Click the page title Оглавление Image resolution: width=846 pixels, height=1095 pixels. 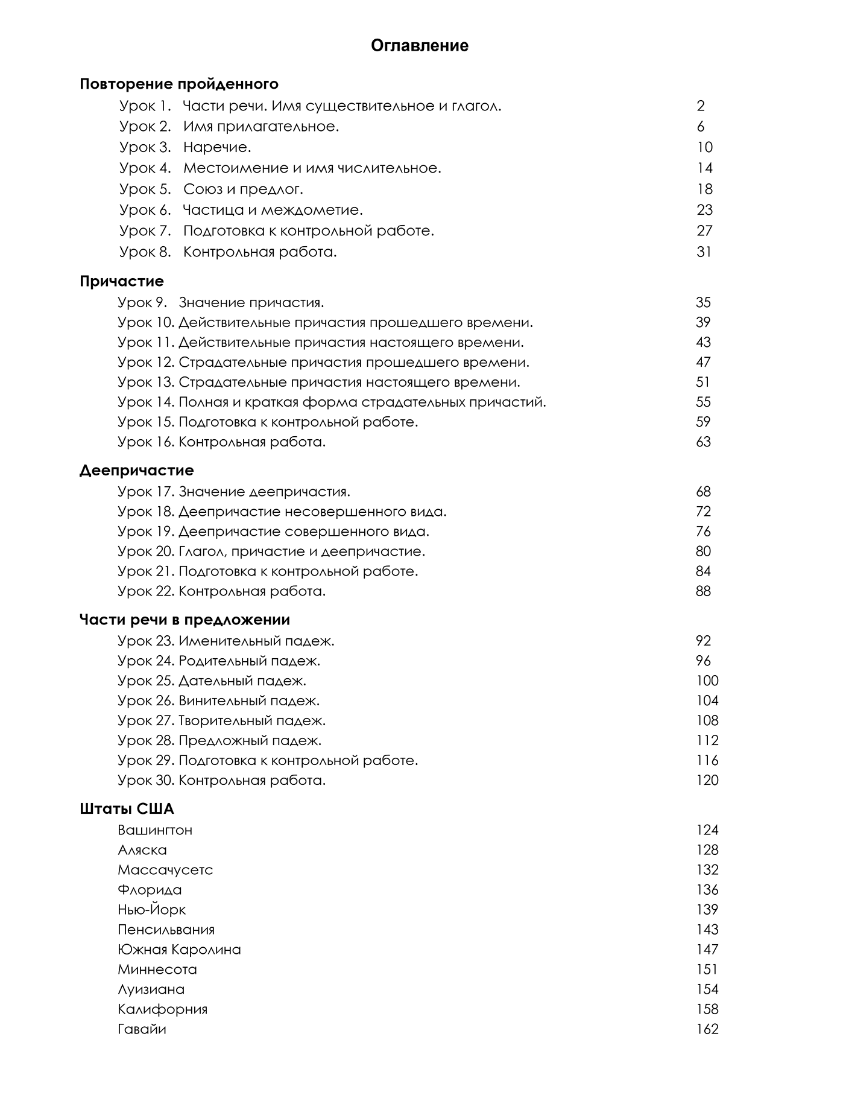(x=420, y=46)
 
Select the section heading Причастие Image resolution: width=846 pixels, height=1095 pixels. (x=122, y=281)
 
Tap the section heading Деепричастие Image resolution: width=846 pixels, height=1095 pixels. (x=136, y=471)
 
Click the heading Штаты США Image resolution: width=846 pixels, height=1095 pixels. (x=127, y=809)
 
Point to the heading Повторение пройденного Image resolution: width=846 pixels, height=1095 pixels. (x=179, y=84)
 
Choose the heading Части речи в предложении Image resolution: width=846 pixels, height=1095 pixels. (x=185, y=620)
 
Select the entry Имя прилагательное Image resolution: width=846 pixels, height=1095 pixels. (x=261, y=127)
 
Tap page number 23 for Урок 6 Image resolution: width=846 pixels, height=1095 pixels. (x=704, y=210)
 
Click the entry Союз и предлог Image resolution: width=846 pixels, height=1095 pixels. (x=243, y=189)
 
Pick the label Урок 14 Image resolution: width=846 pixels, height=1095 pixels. (x=146, y=402)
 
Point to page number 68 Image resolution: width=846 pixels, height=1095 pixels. (x=703, y=492)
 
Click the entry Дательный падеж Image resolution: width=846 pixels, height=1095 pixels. (x=242, y=681)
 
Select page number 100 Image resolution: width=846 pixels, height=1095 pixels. (x=707, y=681)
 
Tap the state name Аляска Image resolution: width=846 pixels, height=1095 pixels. (x=142, y=850)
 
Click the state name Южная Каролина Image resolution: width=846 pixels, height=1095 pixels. (x=179, y=950)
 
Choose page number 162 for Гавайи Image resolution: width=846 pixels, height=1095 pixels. (x=707, y=1029)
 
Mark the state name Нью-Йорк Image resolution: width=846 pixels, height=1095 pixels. (x=152, y=910)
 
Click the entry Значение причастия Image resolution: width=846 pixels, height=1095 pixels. (x=251, y=303)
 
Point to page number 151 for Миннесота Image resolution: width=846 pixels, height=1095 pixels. (x=707, y=970)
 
